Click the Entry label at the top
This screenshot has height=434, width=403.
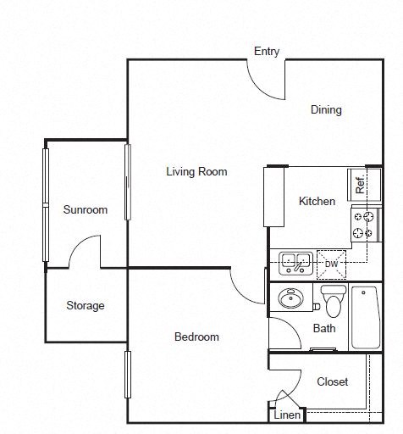pos(267,52)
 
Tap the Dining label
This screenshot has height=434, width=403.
pos(326,110)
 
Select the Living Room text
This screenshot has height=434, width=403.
pos(196,172)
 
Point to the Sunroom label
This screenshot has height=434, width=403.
pos(86,209)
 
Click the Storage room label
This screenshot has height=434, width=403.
pos(86,306)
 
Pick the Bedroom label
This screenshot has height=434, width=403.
pos(196,337)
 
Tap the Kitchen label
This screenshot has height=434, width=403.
pos(317,202)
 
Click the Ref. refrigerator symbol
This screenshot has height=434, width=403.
pos(364,185)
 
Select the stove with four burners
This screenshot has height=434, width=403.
pos(367,225)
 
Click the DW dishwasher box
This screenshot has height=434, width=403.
pos(331,264)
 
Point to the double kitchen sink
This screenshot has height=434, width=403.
pos(295,264)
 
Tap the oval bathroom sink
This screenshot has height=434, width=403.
pos(290,298)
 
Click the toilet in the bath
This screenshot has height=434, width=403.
pos(334,301)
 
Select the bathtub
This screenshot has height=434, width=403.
pos(366,318)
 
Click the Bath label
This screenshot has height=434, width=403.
pos(324,328)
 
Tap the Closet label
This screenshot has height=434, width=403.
pos(332,381)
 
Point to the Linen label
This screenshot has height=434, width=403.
pos(287,415)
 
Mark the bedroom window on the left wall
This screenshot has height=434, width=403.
pos(128,375)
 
